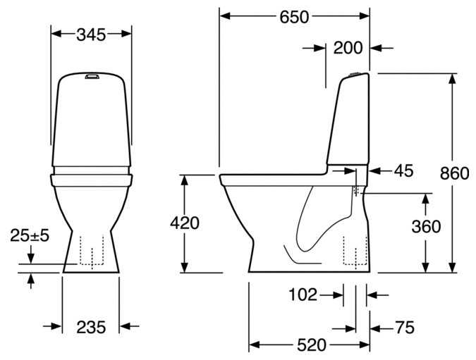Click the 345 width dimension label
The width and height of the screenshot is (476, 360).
[x=91, y=35]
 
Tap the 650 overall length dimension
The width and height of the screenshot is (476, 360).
[x=294, y=17]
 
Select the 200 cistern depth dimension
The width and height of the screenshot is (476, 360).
[x=348, y=48]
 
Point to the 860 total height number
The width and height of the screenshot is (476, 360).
[x=454, y=174]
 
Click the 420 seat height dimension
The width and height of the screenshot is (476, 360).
[x=185, y=223]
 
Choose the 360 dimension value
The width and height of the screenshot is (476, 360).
[x=426, y=227]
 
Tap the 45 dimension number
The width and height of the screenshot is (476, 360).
[x=404, y=170]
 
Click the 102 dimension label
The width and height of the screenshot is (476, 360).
[x=303, y=294]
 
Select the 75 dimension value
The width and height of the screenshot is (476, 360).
[x=405, y=328]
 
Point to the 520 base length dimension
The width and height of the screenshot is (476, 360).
[x=312, y=345]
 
